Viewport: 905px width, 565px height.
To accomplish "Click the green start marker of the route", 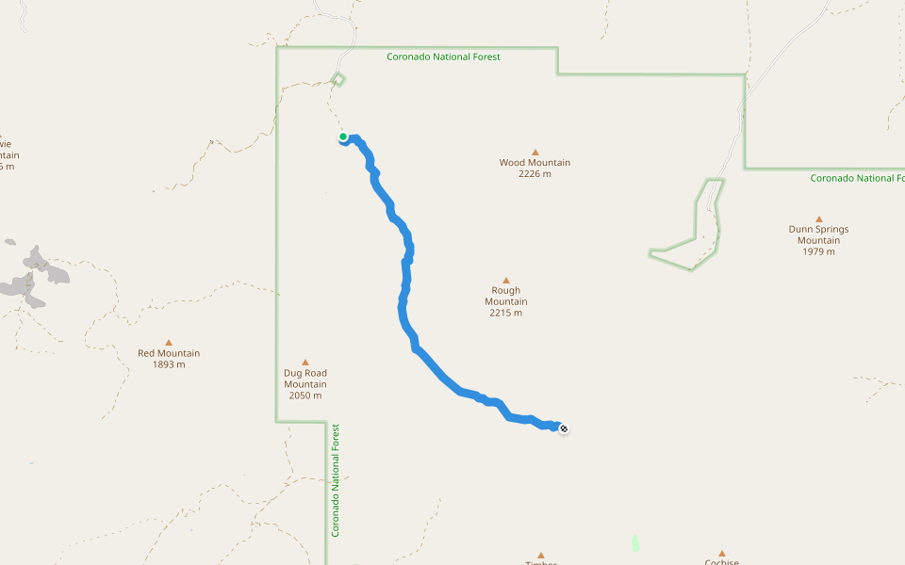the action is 343,137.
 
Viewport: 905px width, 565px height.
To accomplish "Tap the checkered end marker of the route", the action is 564,429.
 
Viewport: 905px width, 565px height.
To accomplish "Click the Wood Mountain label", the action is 535,162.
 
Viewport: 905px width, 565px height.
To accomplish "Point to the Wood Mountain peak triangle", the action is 535,152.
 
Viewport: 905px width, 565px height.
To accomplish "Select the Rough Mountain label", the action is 505,296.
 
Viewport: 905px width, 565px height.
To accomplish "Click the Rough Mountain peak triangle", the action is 505,280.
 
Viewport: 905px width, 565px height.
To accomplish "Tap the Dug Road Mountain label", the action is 305,378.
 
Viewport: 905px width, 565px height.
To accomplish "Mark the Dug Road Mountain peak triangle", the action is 305,362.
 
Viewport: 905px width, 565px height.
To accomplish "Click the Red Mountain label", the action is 169,353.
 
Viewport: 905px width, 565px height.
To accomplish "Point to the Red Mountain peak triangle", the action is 169,343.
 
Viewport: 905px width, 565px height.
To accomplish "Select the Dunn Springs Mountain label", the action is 818,234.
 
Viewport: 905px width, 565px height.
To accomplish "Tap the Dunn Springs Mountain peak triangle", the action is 818,218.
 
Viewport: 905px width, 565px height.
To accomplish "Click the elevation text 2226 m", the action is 535,173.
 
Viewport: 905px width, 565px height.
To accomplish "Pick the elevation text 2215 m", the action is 505,313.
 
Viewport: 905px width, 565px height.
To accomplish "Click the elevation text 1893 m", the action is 169,364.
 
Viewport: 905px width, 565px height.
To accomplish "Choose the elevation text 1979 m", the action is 818,251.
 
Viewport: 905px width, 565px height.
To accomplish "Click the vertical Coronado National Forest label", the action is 335,480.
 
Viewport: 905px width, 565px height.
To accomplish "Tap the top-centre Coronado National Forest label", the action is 443,56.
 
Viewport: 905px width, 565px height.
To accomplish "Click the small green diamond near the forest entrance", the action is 338,79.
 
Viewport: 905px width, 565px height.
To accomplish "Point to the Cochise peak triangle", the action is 721,554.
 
